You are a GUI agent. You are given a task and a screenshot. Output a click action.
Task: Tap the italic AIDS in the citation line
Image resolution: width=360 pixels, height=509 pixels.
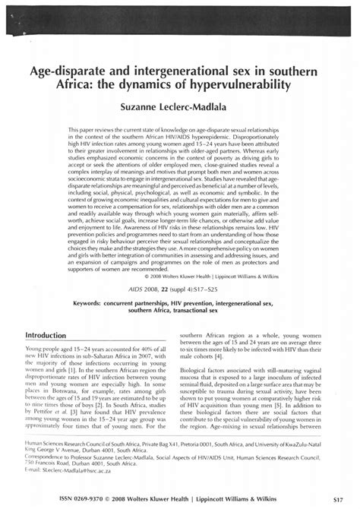point(166,288)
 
